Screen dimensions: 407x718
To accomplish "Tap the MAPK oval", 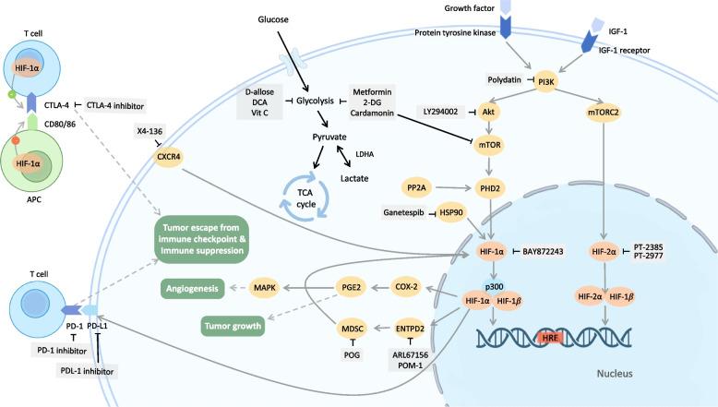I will coord(267,289).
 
